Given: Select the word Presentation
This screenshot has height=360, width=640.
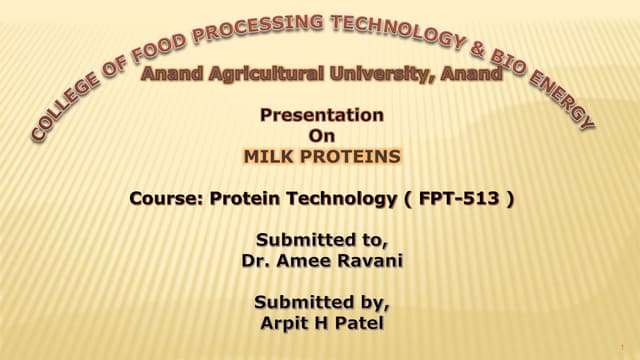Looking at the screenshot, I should click(321, 115).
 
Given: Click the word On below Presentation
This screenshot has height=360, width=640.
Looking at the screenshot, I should click(321, 135).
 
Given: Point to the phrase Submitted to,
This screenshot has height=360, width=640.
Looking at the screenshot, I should click(321, 240).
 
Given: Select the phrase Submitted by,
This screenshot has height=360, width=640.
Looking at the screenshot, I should click(321, 301).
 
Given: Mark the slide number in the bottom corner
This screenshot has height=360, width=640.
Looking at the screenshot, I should click(622, 348).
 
